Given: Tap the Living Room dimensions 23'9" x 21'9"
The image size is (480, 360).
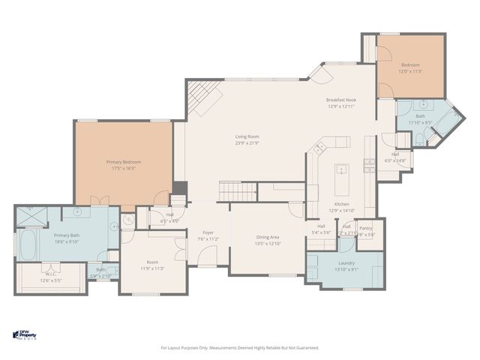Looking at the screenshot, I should click(x=247, y=143).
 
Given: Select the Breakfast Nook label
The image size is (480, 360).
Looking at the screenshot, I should click(x=340, y=100).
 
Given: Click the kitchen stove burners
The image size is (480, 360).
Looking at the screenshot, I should click(x=368, y=164).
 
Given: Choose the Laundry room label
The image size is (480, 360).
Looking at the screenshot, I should click(x=346, y=263).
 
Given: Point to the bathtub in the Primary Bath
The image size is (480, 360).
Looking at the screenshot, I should click(x=28, y=244).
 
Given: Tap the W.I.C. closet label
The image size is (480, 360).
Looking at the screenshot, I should click(x=50, y=274).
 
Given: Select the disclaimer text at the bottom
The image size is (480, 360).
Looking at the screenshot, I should click(x=240, y=347).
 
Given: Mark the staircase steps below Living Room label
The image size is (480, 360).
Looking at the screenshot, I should click(x=239, y=191).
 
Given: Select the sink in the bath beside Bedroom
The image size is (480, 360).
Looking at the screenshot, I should click(x=422, y=106).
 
